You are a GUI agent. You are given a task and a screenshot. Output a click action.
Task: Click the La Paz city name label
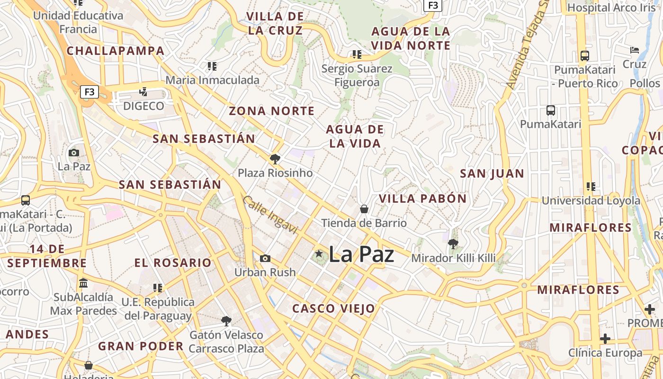click(x=361, y=254)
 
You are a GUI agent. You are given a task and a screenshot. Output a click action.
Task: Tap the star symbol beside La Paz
click(x=319, y=254)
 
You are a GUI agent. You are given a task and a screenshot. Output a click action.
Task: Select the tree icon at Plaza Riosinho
click(x=275, y=159)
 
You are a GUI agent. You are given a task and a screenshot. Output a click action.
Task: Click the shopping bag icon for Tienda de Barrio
click(x=364, y=209)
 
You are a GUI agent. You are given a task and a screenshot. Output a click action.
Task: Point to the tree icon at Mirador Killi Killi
click(x=453, y=244)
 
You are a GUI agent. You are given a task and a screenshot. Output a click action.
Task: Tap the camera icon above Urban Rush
click(x=265, y=258)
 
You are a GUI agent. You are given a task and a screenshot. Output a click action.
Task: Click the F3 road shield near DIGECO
click(x=90, y=92)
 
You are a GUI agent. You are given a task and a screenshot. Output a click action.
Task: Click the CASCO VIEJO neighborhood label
click(x=333, y=309)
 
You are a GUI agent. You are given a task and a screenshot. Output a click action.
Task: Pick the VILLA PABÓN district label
click(x=422, y=199)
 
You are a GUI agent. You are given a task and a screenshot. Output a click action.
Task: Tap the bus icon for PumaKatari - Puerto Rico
click(x=585, y=56)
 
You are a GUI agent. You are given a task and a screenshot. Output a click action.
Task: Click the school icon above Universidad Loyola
click(x=591, y=187)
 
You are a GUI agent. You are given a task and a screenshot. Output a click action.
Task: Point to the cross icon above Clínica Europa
click(x=605, y=339)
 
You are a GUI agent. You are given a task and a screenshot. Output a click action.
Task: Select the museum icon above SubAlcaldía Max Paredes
click(x=84, y=283)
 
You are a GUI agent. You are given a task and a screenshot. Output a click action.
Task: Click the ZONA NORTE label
click(x=272, y=111)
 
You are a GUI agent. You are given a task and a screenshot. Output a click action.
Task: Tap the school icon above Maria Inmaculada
click(x=212, y=66)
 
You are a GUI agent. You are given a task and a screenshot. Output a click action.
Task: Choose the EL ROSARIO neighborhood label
click(x=173, y=263)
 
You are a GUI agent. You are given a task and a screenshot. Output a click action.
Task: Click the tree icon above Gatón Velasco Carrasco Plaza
click(x=226, y=321)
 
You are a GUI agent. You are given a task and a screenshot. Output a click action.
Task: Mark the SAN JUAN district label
click(x=492, y=174)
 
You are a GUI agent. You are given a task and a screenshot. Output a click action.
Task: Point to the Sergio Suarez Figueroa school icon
click(x=357, y=54)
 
